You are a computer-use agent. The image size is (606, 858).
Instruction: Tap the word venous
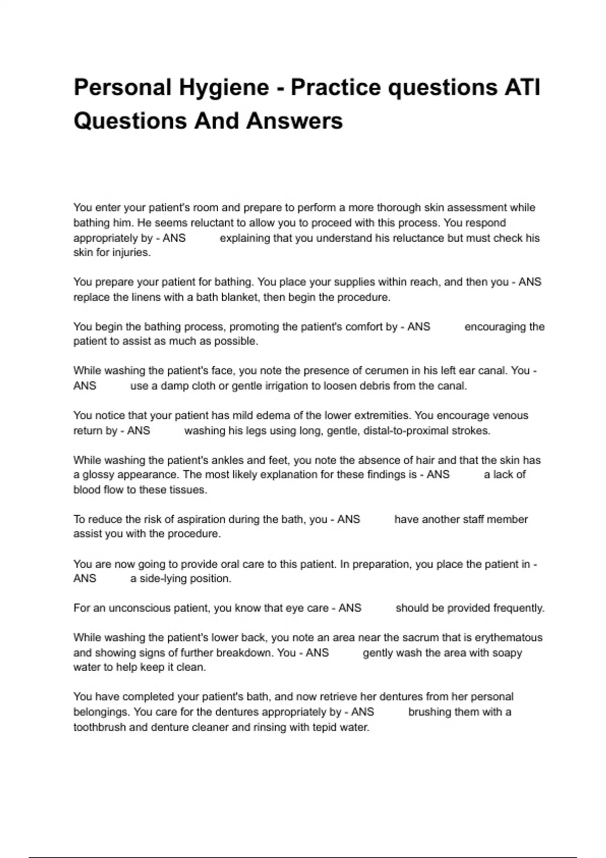[x=509, y=415]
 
